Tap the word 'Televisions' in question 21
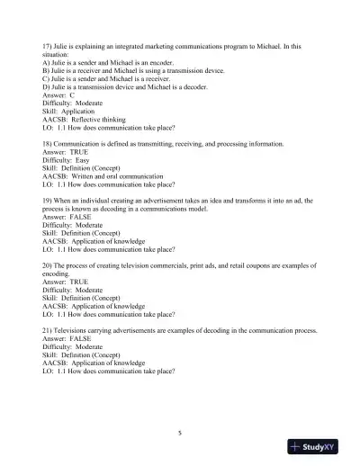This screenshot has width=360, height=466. pos(76,329)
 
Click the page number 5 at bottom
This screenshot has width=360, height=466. pos(180,433)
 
